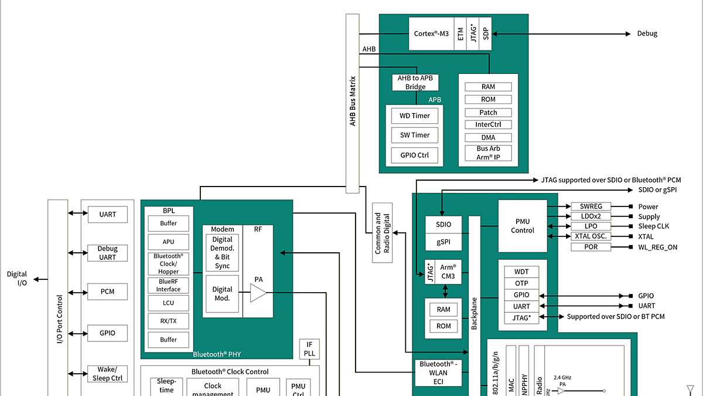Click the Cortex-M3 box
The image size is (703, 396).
(x=431, y=33)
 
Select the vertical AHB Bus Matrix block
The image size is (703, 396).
(x=352, y=103)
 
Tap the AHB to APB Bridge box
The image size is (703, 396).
(x=415, y=83)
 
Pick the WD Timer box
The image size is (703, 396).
(x=415, y=116)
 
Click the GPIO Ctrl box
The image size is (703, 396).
(x=415, y=155)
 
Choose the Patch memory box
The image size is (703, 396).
(x=488, y=112)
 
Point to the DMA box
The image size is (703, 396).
(x=488, y=137)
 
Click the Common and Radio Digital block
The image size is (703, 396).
(x=382, y=233)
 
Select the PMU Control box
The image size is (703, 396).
(x=522, y=226)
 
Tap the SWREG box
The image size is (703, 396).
(x=591, y=207)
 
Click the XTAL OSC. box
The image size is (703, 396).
(x=591, y=236)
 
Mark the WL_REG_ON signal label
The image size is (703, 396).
(x=657, y=247)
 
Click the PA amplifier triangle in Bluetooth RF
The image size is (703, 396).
(x=258, y=293)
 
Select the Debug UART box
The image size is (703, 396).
(x=108, y=253)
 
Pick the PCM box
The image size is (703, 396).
(x=108, y=292)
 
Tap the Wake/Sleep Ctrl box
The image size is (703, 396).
(x=108, y=374)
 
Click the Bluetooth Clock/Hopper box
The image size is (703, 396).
(x=168, y=264)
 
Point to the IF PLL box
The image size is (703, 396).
(x=309, y=350)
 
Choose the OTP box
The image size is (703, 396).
(x=521, y=283)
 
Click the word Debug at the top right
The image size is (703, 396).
(x=647, y=33)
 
